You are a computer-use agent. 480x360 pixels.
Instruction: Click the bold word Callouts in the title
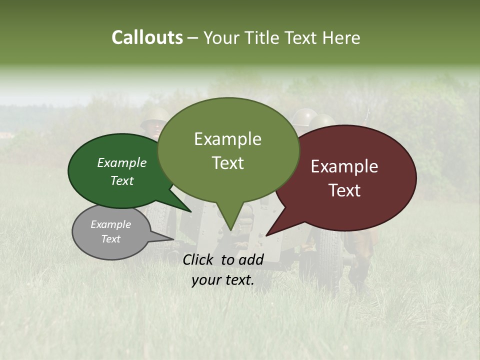point(147,37)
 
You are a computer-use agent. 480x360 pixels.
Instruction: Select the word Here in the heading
point(341,37)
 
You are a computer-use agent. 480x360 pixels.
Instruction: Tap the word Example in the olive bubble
point(227,139)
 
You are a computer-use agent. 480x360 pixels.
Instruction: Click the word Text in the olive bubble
point(227,163)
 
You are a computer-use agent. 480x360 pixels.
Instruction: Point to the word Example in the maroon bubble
point(344,166)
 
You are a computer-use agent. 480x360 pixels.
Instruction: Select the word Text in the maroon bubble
point(344,190)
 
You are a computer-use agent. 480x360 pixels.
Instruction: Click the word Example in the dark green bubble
point(122,163)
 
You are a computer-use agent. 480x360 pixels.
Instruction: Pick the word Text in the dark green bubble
point(122,180)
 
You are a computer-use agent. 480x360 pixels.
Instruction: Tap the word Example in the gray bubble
point(110,224)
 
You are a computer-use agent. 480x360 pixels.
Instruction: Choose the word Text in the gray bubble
point(110,239)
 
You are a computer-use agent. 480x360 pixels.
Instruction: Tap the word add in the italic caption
point(251,259)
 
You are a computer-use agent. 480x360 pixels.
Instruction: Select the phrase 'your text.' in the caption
point(223,280)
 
